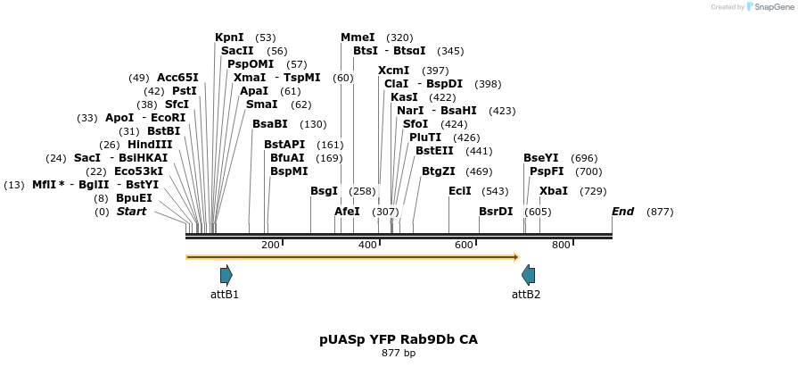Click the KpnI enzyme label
(x=229, y=38)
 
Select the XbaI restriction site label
(x=554, y=191)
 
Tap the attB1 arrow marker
(x=226, y=275)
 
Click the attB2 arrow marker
(x=528, y=275)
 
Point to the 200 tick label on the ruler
(x=270, y=246)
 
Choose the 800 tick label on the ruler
(x=561, y=246)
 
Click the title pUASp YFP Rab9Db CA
(x=399, y=339)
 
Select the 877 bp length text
(x=399, y=354)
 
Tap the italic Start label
(x=131, y=212)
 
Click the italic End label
(x=622, y=212)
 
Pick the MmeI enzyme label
(x=357, y=38)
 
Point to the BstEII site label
(x=434, y=150)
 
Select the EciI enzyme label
(x=460, y=191)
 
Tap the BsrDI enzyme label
(x=496, y=212)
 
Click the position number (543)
(x=495, y=191)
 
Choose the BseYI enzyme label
(x=541, y=158)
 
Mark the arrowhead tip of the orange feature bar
(x=518, y=257)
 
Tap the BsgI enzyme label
(x=325, y=191)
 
